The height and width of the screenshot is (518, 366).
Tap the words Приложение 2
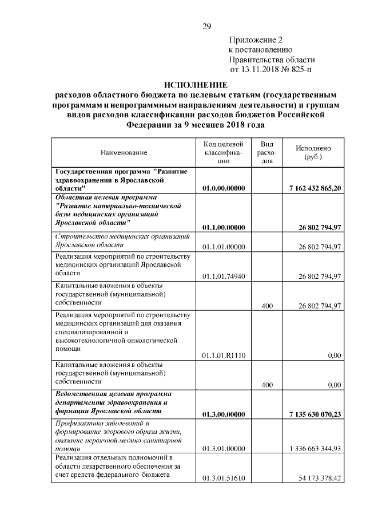[x=256, y=40]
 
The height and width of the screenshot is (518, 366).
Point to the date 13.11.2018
[x=261, y=70]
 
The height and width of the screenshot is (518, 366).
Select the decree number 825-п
[x=300, y=70]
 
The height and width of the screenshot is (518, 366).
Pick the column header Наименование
[x=124, y=152]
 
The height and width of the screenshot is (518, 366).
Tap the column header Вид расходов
[x=267, y=152]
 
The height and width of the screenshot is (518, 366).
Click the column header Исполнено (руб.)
[x=313, y=152]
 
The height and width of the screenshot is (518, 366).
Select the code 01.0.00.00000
[x=224, y=188]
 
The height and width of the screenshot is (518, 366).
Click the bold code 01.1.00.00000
[x=224, y=227]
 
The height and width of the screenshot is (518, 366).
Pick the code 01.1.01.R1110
[x=224, y=355]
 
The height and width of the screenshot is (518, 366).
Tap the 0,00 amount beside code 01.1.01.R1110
[x=334, y=355]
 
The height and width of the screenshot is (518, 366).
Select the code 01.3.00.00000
[x=224, y=414]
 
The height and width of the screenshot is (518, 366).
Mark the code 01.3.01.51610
[x=224, y=478]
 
